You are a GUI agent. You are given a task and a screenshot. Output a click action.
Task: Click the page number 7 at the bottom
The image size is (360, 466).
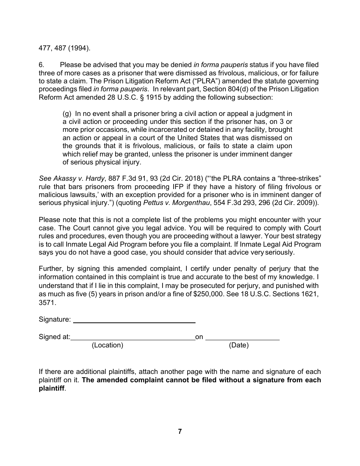(180, 432)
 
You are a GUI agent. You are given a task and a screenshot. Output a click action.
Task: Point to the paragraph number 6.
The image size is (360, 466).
(41, 65)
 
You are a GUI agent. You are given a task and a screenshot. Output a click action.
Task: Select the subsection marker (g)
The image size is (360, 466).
(67, 114)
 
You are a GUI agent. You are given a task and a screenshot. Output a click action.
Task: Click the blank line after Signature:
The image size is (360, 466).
(134, 319)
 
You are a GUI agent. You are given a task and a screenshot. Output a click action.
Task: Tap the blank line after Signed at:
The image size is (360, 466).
(133, 337)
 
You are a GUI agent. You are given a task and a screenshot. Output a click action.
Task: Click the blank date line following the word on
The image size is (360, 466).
(242, 337)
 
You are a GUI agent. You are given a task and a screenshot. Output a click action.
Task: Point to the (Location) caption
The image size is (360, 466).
(107, 345)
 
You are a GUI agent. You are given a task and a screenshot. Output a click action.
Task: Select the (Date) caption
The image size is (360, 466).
(239, 345)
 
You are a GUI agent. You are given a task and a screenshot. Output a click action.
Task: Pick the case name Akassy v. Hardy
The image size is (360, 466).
(72, 178)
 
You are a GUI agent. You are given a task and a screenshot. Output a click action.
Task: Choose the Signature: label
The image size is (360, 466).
(55, 319)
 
